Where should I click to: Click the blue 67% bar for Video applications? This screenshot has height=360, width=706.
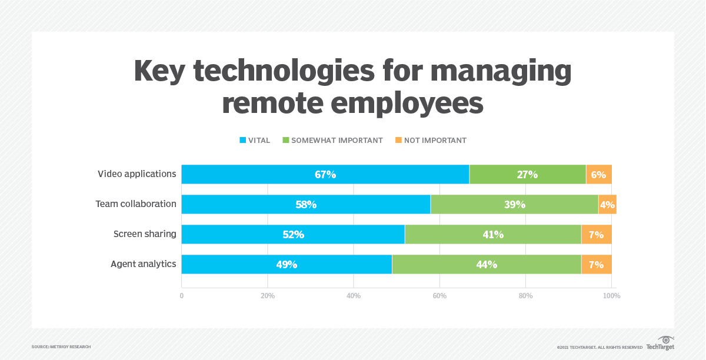click(x=325, y=174)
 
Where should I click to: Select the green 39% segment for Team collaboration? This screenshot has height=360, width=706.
click(x=514, y=204)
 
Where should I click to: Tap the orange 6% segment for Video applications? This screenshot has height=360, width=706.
click(x=599, y=174)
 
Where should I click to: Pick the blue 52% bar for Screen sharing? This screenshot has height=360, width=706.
click(x=293, y=234)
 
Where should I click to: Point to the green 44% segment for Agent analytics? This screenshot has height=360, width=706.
click(x=487, y=264)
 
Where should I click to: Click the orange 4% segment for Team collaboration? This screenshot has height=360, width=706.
click(x=607, y=204)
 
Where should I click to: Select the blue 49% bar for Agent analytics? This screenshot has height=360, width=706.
click(x=287, y=264)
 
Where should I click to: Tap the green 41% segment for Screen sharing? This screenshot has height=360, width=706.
click(x=493, y=234)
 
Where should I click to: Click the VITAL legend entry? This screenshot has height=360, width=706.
click(x=255, y=141)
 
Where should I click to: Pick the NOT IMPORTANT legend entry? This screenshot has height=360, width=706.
click(x=431, y=141)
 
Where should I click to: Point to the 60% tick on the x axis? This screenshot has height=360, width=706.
click(x=439, y=296)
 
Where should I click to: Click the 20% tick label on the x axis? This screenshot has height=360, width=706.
click(x=268, y=296)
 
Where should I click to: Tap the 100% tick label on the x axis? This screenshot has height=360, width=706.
click(x=611, y=296)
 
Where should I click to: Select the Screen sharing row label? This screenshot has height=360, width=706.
click(x=145, y=234)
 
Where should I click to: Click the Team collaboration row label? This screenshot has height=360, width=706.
click(x=136, y=204)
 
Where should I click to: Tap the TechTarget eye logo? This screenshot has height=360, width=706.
click(x=665, y=341)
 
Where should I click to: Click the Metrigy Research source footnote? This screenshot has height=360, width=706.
click(x=61, y=347)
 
